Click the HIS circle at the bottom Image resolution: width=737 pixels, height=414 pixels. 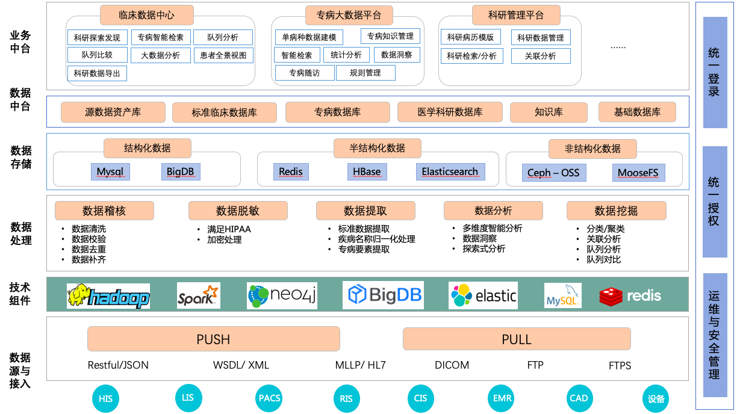[x=106, y=399]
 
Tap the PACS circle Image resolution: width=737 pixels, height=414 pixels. [x=269, y=398]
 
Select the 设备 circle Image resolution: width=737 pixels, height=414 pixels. [x=656, y=399]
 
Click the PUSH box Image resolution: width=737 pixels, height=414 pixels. [x=213, y=339]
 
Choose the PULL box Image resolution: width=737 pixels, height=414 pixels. [x=517, y=339]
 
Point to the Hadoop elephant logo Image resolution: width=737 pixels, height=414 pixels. [x=108, y=296]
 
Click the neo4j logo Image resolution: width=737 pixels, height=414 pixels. [x=282, y=295]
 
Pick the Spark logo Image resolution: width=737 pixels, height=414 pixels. [x=198, y=296]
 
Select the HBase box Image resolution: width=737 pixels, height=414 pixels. [x=367, y=171]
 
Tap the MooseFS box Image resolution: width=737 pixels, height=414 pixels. [x=638, y=173]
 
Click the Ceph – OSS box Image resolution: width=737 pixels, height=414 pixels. [x=553, y=173]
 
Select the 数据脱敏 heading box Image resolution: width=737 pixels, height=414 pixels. [x=238, y=211]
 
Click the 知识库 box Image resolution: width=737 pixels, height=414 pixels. [x=549, y=112]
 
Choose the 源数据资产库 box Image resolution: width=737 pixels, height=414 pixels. [x=113, y=112]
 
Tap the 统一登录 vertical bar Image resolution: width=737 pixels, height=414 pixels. [x=715, y=72]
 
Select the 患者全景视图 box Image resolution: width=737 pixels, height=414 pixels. [x=223, y=55]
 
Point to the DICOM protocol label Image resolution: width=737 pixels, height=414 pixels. [x=452, y=365]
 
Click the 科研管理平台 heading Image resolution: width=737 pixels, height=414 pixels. [x=516, y=15]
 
